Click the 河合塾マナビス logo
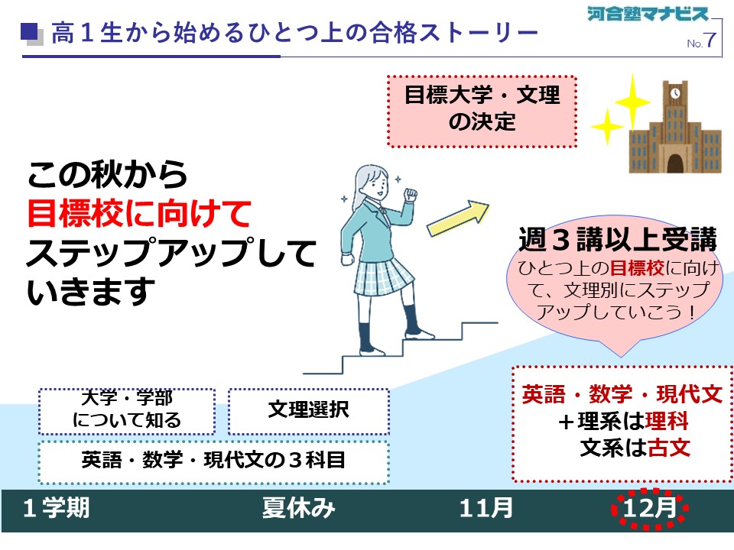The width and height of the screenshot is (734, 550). pos(648,13)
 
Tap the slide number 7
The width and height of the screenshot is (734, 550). pos(710,40)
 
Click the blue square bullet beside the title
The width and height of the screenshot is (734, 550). pos(29,32)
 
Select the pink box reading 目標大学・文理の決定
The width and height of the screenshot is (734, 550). pos(482,112)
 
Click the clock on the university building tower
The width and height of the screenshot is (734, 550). pos(674,93)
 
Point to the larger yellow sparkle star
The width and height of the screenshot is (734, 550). pos(632,101)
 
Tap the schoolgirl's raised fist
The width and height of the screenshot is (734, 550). pos(411,194)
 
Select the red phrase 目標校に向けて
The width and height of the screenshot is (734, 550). pos(139,213)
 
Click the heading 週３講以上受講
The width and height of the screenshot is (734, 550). pos(618,239)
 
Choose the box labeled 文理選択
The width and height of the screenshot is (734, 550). pos(309,411)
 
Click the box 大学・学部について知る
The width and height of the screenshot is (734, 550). pos(127,411)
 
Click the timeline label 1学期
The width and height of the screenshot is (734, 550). pos(56,508)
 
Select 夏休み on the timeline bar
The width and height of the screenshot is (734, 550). pos(299,508)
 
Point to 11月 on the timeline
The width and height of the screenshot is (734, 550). pos(486,508)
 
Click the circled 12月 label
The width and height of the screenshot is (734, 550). pos(650,508)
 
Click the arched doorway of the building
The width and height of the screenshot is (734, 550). pos(674,163)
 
